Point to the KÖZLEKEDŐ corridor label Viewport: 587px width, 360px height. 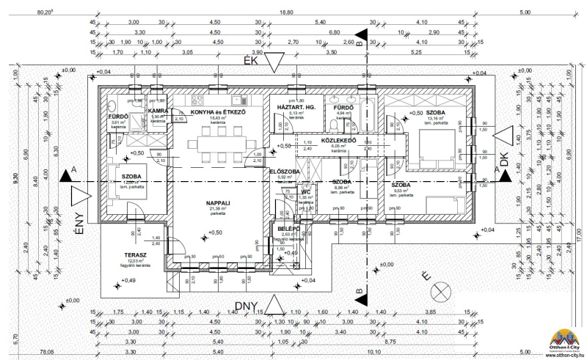339,139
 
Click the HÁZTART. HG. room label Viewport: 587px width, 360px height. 296,108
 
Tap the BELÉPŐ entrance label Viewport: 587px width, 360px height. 285,229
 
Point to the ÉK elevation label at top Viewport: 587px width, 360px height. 252,62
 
